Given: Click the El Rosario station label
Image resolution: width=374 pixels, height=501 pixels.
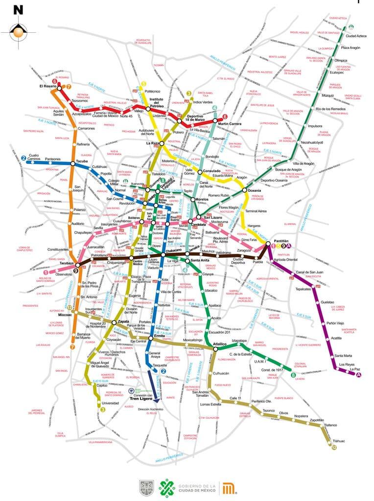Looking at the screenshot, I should pos(47,87).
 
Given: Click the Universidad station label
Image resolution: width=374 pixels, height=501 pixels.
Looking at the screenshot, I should pos(110,403).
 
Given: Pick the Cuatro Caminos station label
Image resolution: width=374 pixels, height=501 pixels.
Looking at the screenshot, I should pos(33,157).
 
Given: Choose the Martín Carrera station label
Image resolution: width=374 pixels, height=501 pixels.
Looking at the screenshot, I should pos(230,124).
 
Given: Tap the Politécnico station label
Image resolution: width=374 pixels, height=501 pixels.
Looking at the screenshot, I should pos(153,91).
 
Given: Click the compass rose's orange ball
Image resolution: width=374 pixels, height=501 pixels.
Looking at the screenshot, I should pos(18,33).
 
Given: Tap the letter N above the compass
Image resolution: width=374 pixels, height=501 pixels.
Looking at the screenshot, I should pos(18,9).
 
